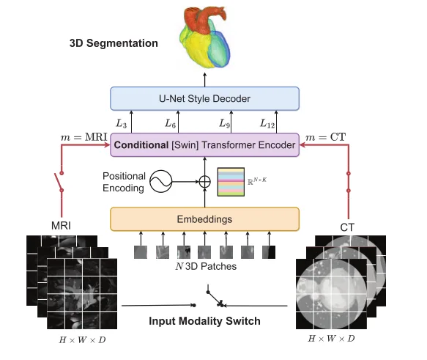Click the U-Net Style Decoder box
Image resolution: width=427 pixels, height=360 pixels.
click(204, 99)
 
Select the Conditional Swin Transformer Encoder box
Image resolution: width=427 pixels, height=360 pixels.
click(204, 145)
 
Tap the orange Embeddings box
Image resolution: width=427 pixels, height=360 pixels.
click(204, 219)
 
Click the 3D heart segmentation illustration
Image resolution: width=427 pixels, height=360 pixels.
click(205, 37)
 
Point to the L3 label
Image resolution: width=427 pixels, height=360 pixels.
click(121, 124)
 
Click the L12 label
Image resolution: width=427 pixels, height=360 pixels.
click(267, 124)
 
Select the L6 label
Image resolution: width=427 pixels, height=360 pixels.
click(170, 124)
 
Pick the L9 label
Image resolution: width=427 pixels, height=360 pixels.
click(225, 124)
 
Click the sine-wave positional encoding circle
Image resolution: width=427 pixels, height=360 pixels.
click(161, 181)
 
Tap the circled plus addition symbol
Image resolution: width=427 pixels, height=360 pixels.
click(205, 182)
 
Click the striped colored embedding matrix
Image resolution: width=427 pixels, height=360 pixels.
click(231, 182)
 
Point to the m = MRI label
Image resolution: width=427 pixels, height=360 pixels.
click(84, 137)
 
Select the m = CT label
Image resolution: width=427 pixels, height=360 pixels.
click(326, 137)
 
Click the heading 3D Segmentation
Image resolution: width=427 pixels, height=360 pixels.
click(114, 43)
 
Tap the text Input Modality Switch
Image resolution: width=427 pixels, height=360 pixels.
click(204, 321)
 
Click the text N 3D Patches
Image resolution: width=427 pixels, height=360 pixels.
click(206, 266)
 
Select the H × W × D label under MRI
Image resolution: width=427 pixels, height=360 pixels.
click(82, 340)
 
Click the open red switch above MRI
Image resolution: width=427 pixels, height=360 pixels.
click(59, 182)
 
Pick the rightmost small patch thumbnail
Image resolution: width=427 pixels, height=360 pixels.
click(269, 252)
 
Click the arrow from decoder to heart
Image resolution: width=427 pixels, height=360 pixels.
click(205, 80)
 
